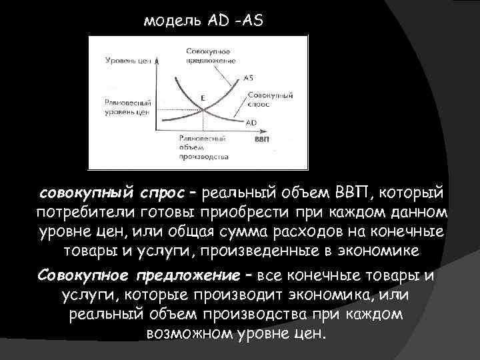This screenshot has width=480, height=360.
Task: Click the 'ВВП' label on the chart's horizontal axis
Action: point(262,140)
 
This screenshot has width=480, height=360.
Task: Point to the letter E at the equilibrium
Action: point(203,97)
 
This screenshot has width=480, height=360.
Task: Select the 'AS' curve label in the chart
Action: point(248,77)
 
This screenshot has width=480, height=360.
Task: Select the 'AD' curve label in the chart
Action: point(251,122)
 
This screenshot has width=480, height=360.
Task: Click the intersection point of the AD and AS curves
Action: point(201,109)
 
